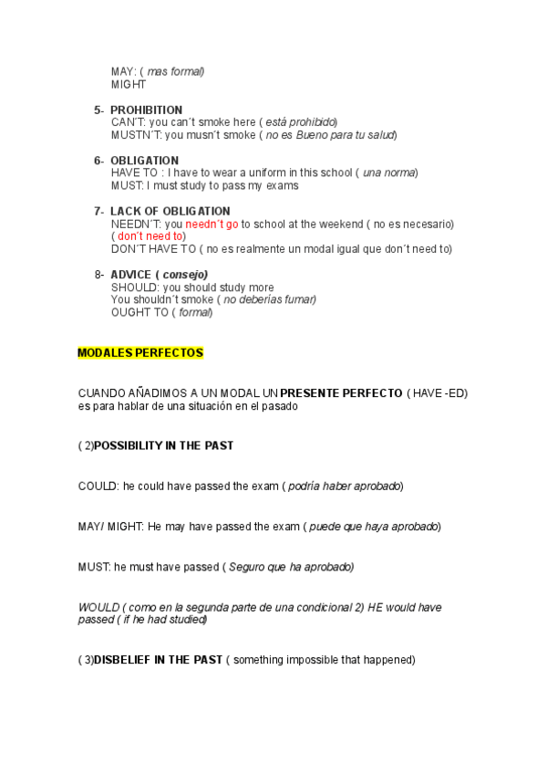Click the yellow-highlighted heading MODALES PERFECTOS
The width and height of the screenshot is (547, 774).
click(140, 352)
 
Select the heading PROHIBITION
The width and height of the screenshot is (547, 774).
click(146, 110)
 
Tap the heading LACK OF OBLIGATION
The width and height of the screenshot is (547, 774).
click(170, 211)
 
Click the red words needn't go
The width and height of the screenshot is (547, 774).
click(212, 224)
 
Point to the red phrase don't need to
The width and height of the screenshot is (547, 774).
click(150, 236)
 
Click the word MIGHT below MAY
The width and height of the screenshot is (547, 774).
click(129, 84)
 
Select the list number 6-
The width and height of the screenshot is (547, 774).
click(99, 161)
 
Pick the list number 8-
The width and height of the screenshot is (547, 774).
click(99, 275)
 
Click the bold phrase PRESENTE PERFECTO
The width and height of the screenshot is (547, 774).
click(341, 392)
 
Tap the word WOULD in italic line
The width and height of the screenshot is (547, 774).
click(98, 607)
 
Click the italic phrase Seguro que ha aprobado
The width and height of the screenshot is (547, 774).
click(289, 567)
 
